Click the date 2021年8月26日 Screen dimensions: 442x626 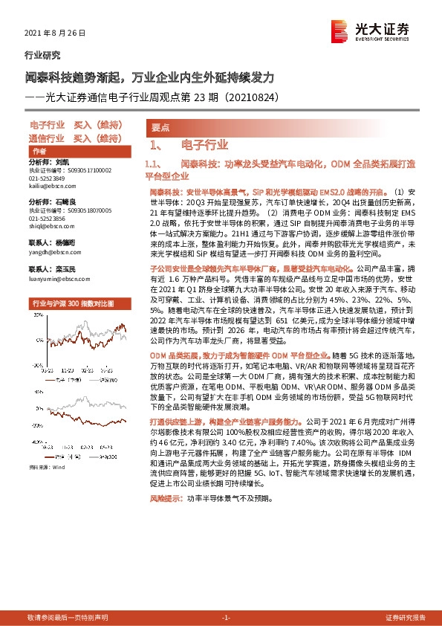click(x=56, y=33)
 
